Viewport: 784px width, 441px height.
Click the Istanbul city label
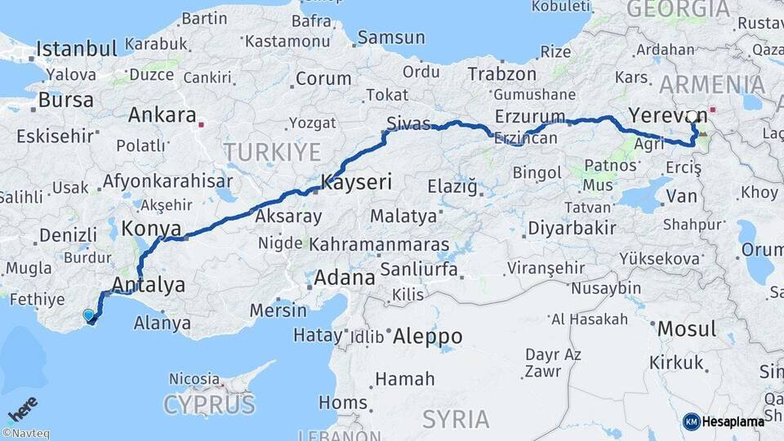(x=78, y=47)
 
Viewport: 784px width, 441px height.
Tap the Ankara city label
(x=162, y=115)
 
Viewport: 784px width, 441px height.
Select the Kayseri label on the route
(x=357, y=182)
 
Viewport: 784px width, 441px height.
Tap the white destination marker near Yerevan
(x=693, y=117)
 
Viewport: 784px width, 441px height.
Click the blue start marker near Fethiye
(x=88, y=314)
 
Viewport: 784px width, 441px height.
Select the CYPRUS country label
(x=209, y=404)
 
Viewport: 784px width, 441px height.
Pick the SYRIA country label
(x=456, y=419)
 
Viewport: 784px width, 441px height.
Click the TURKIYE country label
(x=273, y=152)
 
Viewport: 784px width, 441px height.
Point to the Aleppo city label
(x=428, y=336)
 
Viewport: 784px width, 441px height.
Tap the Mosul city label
(x=687, y=329)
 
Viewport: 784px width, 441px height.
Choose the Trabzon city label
(x=501, y=73)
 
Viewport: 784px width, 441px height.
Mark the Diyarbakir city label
(x=572, y=228)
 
